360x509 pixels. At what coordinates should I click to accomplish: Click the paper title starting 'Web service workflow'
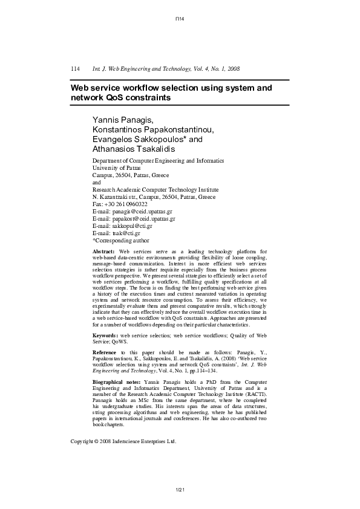[x=171, y=92]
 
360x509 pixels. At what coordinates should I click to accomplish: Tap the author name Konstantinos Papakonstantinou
[x=152, y=129]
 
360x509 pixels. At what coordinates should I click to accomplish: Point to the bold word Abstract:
[x=103, y=251]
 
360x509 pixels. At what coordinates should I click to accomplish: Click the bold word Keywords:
[x=105, y=334]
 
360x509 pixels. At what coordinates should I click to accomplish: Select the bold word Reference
[x=105, y=351]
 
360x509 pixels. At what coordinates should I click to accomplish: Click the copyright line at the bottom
[x=124, y=442]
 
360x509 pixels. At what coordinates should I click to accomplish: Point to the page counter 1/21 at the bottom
[x=180, y=488]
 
